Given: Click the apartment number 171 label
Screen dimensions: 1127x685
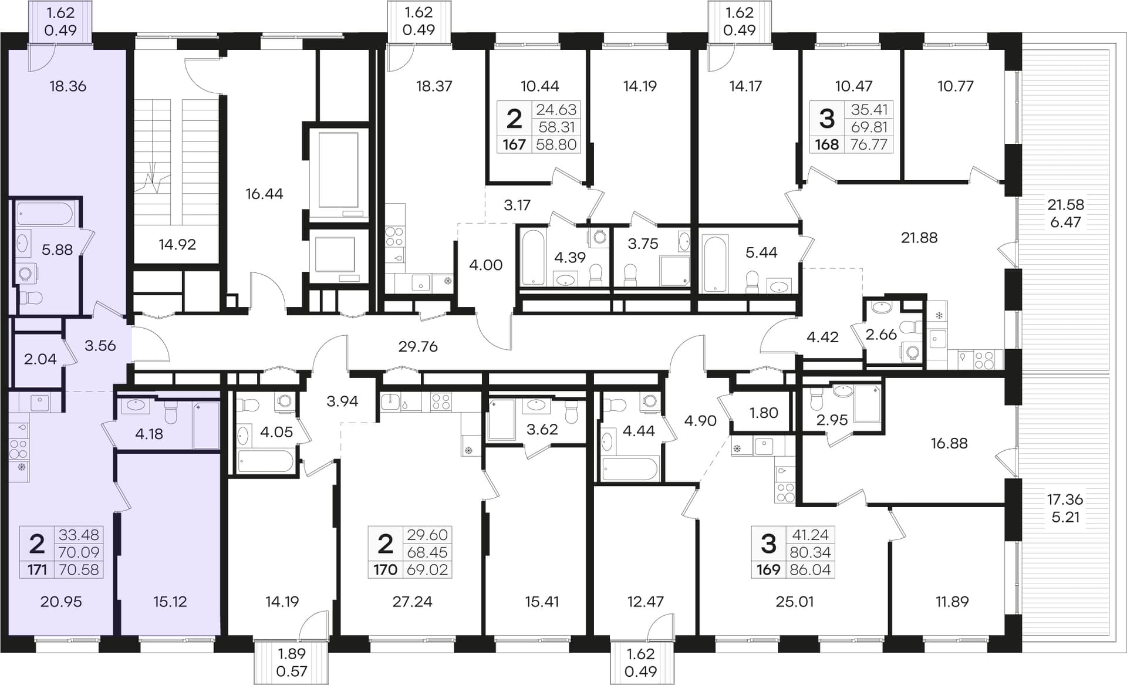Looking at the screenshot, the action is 37,569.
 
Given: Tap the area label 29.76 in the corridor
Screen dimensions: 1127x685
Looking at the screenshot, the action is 418,346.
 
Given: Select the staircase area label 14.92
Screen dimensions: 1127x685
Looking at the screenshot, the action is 177,244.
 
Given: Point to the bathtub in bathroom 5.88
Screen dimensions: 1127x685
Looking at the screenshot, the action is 45,214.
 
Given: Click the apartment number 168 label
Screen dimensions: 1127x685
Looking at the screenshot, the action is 827,144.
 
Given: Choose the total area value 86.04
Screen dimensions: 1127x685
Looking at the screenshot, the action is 810,569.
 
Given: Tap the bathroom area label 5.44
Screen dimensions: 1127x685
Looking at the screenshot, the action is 761,252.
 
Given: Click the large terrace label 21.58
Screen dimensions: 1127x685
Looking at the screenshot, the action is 1066,204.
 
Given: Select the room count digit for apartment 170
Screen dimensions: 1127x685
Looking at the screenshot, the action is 385,544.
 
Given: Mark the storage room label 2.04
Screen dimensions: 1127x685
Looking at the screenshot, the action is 41,359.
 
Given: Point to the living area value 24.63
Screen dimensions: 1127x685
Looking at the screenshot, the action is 556,109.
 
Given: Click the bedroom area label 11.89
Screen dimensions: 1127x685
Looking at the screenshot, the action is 952,602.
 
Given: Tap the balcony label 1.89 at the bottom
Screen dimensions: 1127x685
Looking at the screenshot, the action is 292,653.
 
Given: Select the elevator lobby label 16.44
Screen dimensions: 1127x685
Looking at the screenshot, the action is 264,194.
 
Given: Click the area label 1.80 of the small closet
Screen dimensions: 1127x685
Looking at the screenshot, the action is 764,413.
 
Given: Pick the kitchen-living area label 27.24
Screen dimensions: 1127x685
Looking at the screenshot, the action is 412,602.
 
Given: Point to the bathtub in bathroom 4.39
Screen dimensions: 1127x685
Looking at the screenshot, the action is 534,258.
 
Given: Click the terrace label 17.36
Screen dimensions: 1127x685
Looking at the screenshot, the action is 1065,499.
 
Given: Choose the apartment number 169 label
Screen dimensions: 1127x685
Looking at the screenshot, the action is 768,569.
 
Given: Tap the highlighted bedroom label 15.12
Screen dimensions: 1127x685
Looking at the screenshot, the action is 170,602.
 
